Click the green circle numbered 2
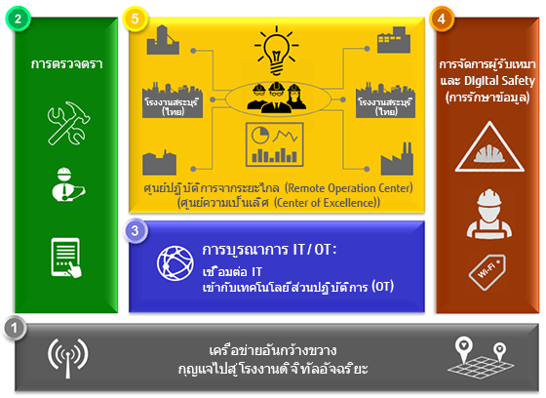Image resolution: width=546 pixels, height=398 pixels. point(18,19)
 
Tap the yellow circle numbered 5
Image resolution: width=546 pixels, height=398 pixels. point(135,19)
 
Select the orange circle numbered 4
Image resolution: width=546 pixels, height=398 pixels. point(442,19)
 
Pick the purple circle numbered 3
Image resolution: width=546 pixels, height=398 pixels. point(135,230)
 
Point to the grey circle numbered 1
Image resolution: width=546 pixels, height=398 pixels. point(15,328)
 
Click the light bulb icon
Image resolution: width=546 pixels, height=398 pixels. point(277,51)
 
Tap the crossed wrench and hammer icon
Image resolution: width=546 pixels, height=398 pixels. point(68,123)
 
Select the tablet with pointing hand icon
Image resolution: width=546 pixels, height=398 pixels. point(66,258)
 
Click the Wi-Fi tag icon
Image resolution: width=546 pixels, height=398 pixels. point(487,272)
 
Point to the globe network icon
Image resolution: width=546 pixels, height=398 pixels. point(175,263)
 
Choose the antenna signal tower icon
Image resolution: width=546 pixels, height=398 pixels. point(68,358)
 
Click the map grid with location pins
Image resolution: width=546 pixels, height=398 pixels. point(481,358)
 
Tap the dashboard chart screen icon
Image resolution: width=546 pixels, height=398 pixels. point(274,144)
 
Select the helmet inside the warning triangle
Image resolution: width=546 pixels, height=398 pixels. point(489,153)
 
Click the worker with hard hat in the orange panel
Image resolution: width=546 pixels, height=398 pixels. point(489,215)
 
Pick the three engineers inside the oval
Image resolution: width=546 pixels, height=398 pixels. point(277,98)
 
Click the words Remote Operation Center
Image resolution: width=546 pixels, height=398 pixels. point(349,188)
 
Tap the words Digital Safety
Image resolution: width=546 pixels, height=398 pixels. point(499,81)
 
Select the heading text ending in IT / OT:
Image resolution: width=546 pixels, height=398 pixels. point(269,250)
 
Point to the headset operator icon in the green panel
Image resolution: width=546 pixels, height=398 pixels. point(67,184)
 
